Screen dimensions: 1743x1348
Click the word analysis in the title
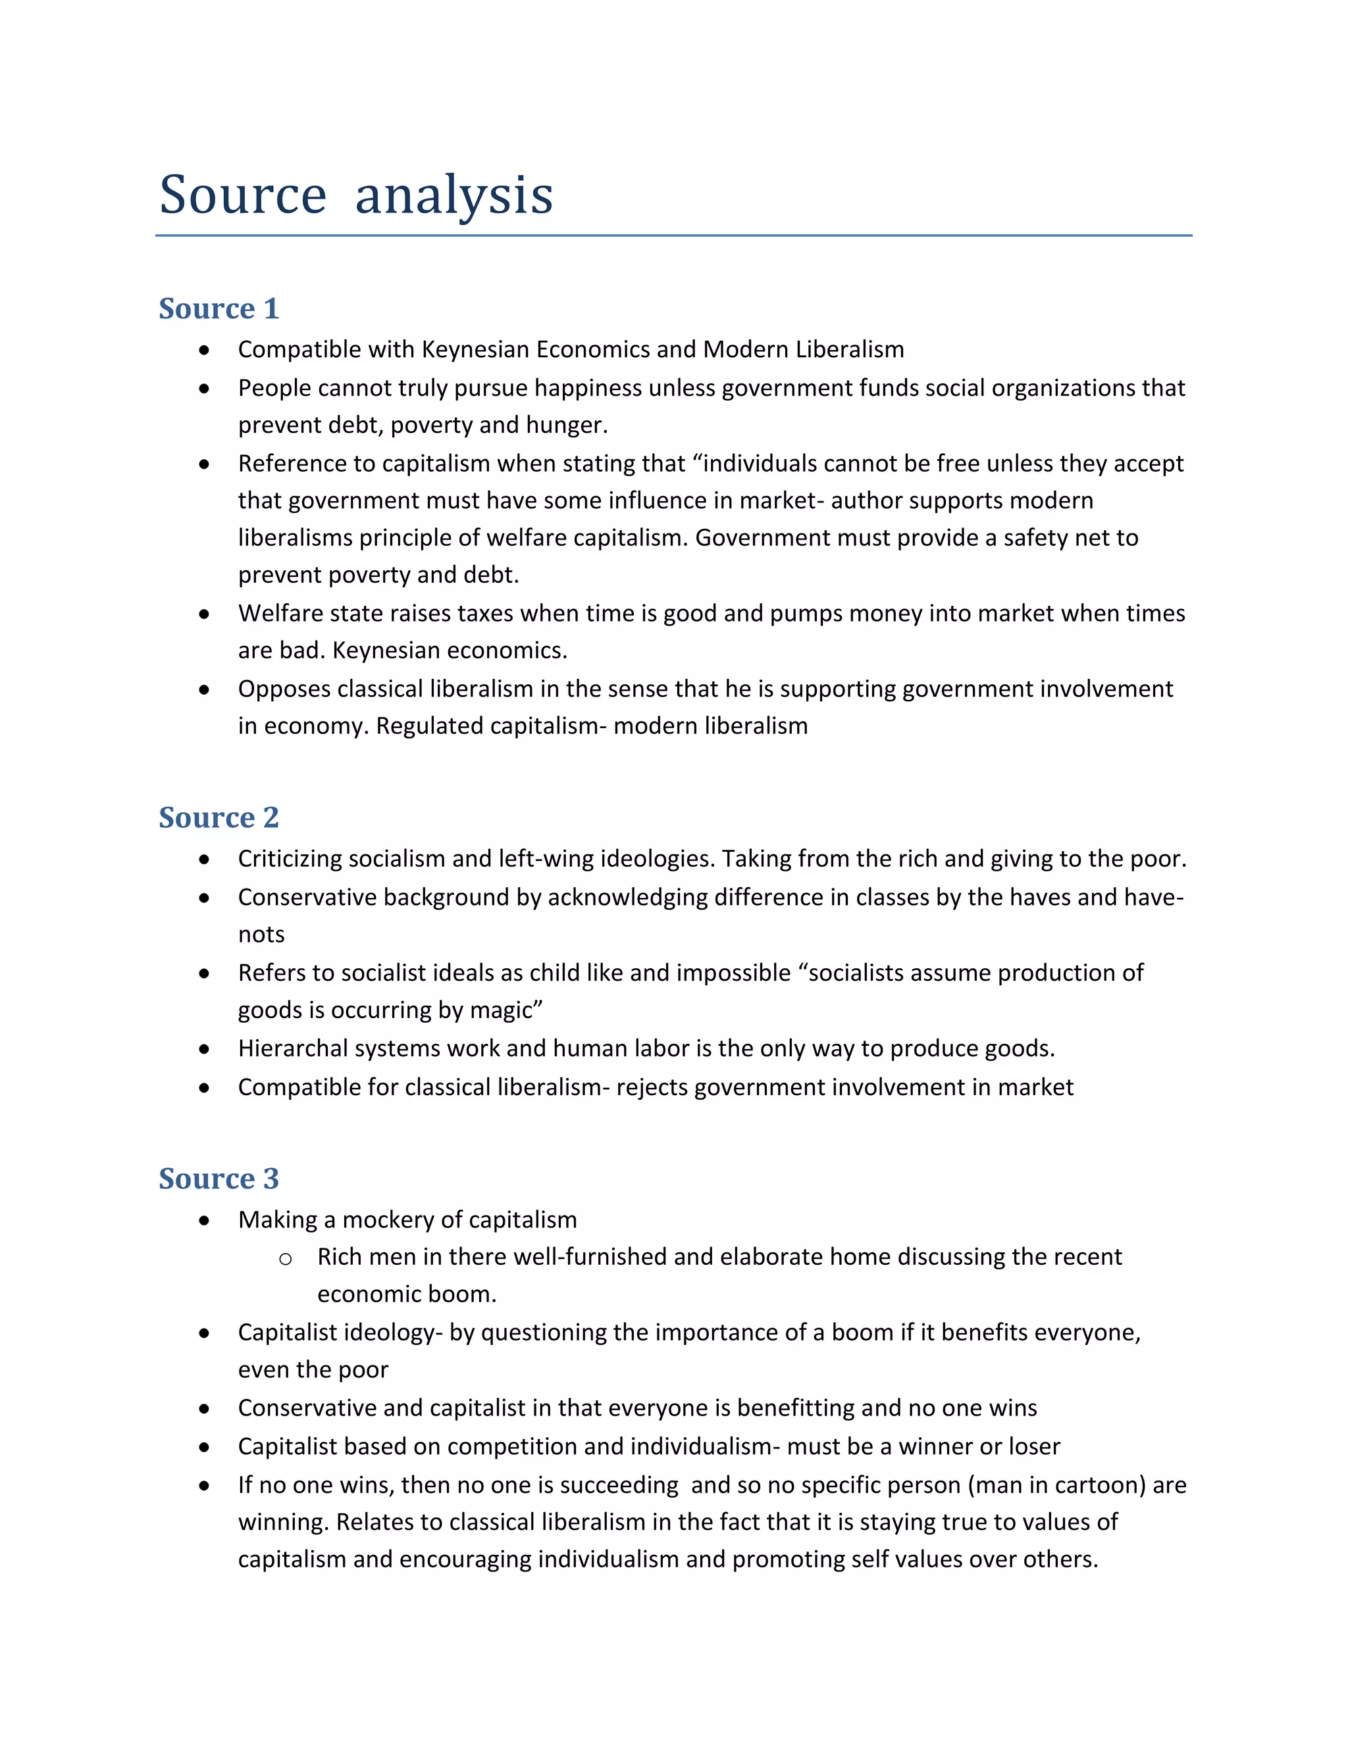(454, 195)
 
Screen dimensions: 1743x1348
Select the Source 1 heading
(219, 309)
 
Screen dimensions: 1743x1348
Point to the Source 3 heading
(219, 1179)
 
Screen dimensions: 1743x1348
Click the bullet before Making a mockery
(205, 1221)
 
